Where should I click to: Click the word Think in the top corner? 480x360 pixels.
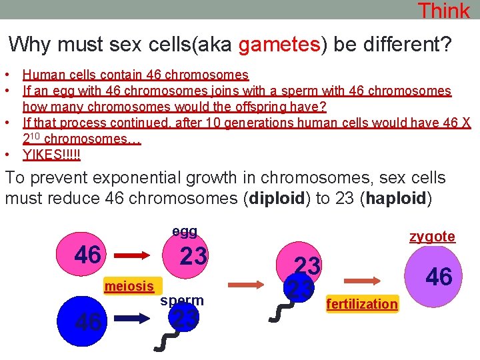point(443,11)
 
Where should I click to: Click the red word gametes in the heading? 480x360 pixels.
point(279,45)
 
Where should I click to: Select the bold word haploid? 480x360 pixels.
point(395,199)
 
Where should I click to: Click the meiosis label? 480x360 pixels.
point(129,286)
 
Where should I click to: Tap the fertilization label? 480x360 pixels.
point(362,304)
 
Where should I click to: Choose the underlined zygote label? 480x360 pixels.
point(432,236)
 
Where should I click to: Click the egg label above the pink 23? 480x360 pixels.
point(185,231)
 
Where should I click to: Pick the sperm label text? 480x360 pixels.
point(181,300)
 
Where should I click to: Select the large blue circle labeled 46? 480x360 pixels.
point(88,321)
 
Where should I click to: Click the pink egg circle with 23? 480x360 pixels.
point(194,256)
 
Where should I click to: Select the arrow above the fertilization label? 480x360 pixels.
point(361,281)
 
